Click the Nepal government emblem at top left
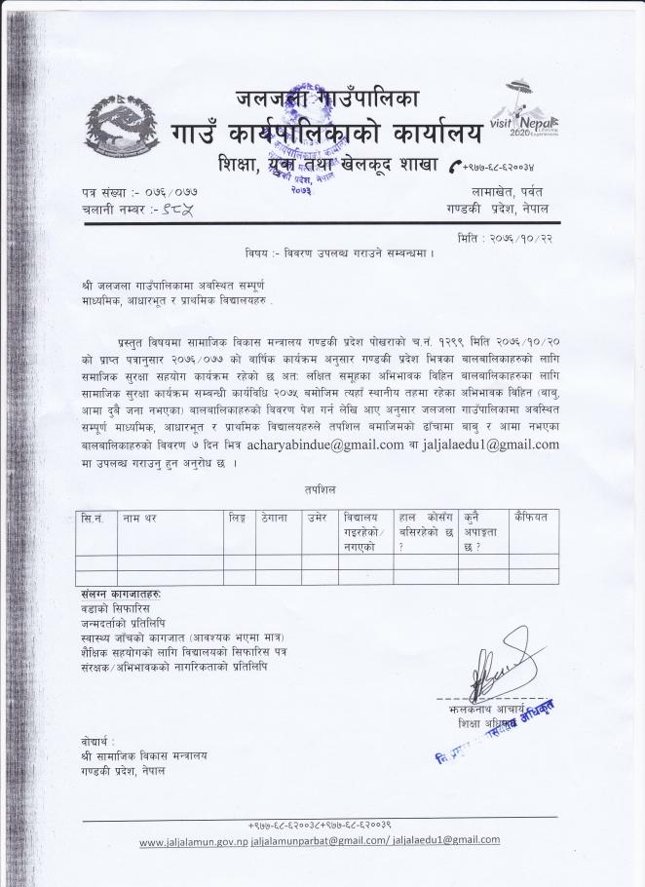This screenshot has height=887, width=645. [127, 127]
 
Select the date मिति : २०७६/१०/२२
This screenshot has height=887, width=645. [508, 239]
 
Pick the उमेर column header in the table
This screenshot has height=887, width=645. [315, 518]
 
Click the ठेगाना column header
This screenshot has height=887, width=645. [273, 518]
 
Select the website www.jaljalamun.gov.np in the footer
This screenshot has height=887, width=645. [193, 840]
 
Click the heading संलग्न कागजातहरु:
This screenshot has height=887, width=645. [122, 594]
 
